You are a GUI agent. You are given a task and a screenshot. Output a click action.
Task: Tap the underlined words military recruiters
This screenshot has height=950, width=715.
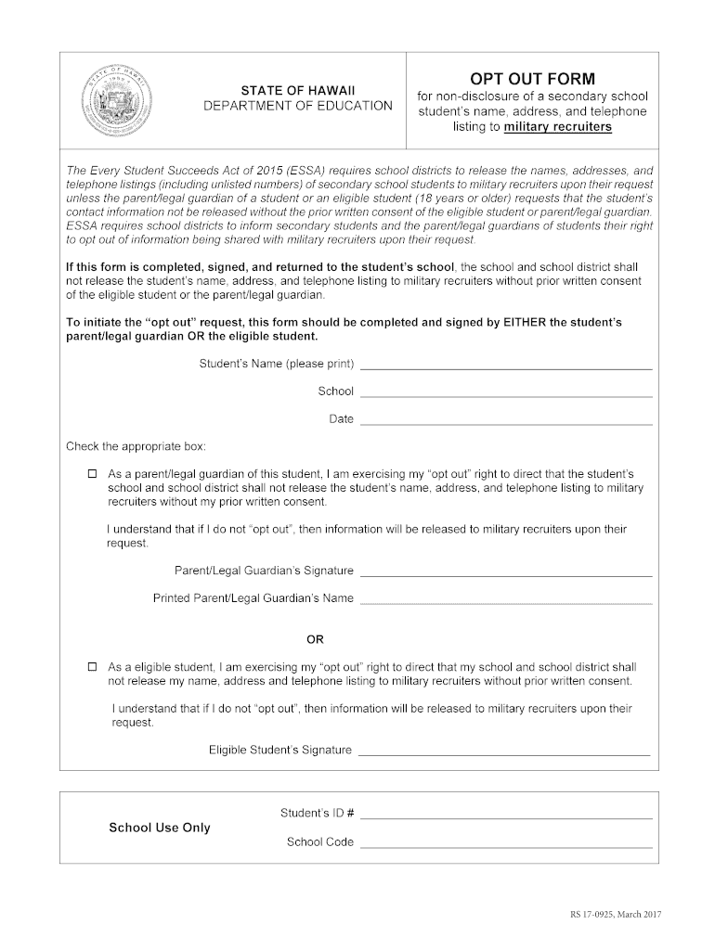pyautogui.click(x=557, y=127)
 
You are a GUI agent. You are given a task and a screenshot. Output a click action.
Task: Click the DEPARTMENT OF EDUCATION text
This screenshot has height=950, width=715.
pyautogui.click(x=298, y=106)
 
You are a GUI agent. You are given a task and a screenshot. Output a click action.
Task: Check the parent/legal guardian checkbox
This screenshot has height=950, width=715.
pyautogui.click(x=92, y=473)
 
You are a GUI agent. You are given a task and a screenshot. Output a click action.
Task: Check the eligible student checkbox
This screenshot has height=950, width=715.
pyautogui.click(x=92, y=667)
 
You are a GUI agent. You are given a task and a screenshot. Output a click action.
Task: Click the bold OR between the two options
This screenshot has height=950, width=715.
pyautogui.click(x=316, y=639)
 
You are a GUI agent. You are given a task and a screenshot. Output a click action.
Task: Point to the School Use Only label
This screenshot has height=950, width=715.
pyautogui.click(x=160, y=828)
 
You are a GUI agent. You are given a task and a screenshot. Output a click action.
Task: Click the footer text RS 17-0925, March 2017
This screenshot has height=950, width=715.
pyautogui.click(x=615, y=916)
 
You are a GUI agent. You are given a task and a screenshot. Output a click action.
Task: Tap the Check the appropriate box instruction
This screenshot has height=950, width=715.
pyautogui.click(x=136, y=446)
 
